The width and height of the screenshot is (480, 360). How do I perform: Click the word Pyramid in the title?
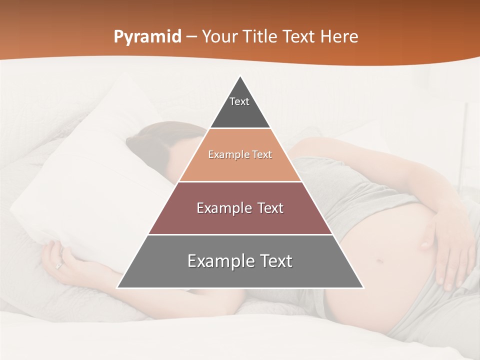coord(147,37)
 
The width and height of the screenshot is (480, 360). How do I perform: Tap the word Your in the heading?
coord(219,37)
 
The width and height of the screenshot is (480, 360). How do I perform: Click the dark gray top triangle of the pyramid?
coord(240,112)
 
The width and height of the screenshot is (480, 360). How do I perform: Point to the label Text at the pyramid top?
coord(239,101)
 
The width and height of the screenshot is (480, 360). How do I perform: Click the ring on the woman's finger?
coord(59,265)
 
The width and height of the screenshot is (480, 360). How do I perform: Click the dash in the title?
coord(191,37)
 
